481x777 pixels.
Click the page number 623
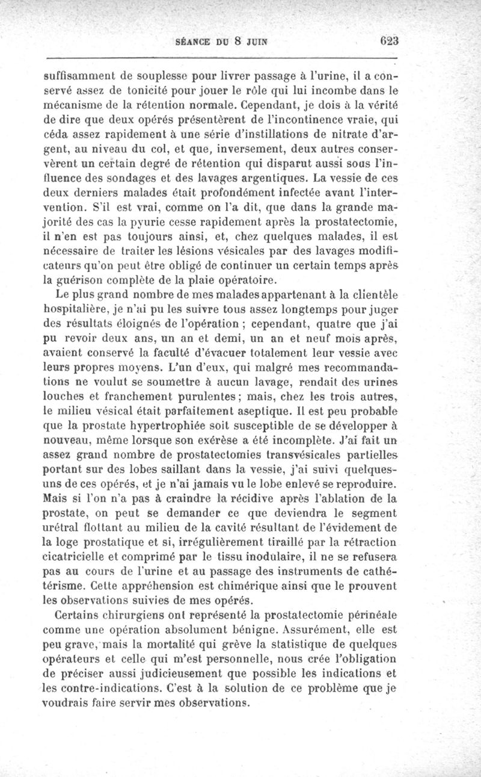coord(389,42)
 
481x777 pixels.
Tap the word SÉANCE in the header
coord(192,42)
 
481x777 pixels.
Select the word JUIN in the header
coord(254,42)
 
